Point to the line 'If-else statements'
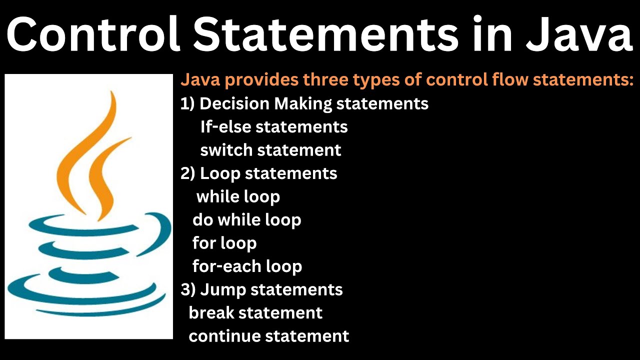274,127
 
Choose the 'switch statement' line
270,150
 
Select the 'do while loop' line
246,220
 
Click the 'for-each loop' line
247,266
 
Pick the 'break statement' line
255,313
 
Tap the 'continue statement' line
268,336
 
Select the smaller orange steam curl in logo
107,175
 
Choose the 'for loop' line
224,243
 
